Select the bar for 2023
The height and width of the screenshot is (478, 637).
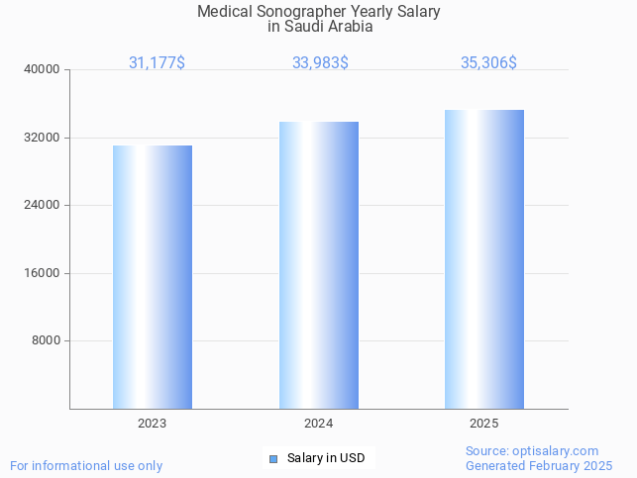[152, 277]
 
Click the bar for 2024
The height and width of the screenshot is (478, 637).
[318, 265]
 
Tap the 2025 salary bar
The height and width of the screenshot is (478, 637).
[484, 259]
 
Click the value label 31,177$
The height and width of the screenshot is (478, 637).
[157, 62]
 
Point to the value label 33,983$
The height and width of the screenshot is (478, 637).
[320, 62]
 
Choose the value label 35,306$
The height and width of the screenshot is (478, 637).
[488, 62]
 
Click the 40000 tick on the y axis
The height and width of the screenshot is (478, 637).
[43, 69]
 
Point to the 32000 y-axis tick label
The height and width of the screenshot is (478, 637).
[43, 138]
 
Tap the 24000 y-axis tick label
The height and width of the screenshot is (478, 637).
[43, 205]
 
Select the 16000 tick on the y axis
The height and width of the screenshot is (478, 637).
[43, 273]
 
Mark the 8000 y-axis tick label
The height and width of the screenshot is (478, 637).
[46, 340]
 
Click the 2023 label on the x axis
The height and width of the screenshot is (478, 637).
[152, 423]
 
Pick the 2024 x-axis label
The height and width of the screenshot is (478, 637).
[318, 423]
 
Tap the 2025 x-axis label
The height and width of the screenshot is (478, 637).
[484, 423]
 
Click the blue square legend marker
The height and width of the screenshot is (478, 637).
[273, 458]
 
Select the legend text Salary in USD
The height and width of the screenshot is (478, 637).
[326, 458]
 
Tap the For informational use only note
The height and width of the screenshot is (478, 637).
[86, 465]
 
